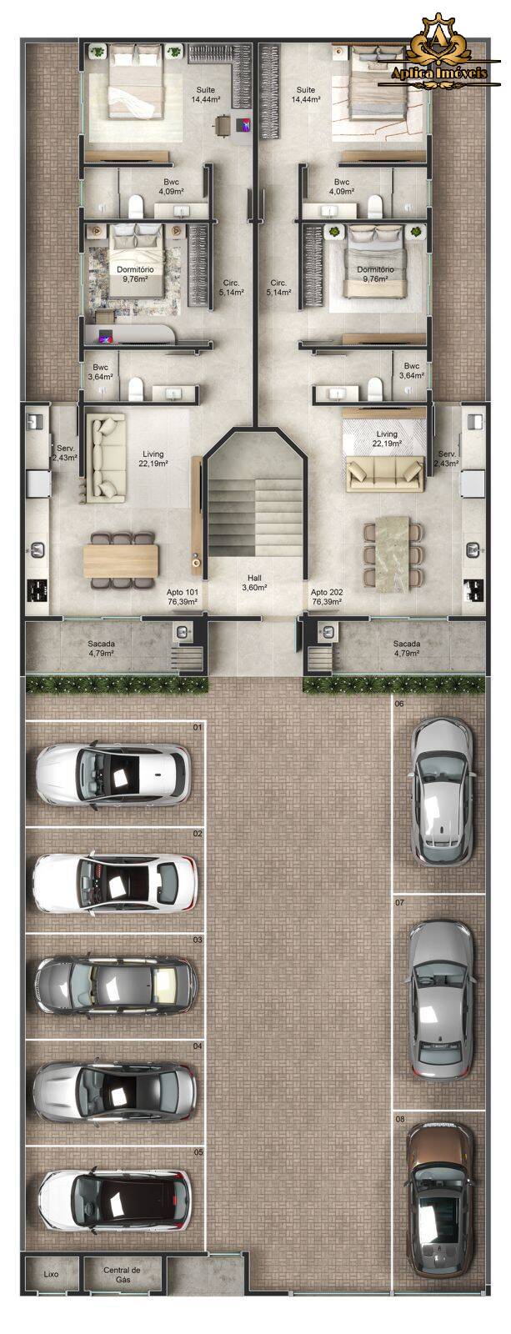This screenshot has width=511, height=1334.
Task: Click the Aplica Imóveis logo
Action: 439,54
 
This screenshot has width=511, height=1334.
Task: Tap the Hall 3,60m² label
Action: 254,583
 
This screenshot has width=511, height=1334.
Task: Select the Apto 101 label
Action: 183,597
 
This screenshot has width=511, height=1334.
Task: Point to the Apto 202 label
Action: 327,597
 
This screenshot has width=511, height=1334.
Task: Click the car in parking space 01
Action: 113,774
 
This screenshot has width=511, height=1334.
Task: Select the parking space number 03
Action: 197,940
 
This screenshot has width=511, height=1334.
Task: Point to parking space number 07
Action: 399,902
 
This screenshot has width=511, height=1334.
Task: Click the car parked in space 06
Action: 442,791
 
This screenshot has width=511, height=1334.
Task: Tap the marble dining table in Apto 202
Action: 393,554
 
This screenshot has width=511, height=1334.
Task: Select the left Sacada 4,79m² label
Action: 101,648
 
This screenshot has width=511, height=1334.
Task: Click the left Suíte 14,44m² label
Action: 206,95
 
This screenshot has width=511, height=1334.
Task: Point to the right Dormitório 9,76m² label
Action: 375,274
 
